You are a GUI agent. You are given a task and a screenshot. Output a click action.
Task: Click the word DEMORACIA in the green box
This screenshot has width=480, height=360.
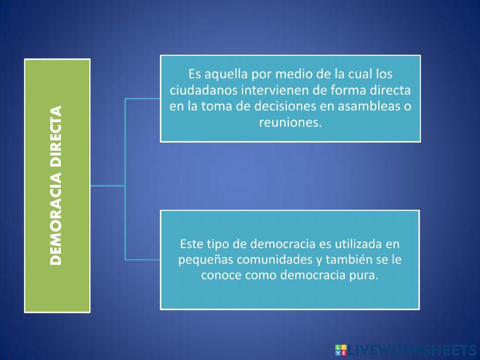[x=57, y=218]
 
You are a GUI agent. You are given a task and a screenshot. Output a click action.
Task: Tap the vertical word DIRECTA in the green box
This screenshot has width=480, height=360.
[x=57, y=136]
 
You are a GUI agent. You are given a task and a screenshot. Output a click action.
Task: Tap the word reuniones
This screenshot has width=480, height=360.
[x=289, y=122]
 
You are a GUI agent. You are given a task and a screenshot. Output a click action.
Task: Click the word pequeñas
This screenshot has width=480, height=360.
[x=201, y=260]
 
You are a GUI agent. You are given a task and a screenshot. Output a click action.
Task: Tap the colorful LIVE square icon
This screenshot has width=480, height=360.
[x=341, y=350]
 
